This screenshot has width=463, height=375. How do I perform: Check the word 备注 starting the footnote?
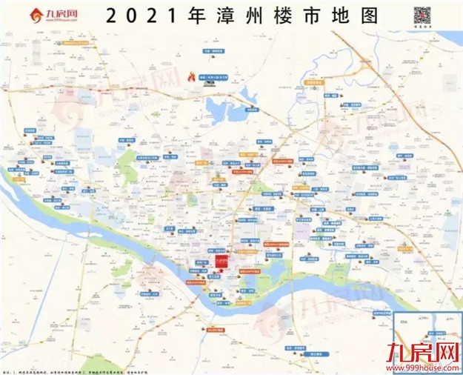click(x=8, y=369)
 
